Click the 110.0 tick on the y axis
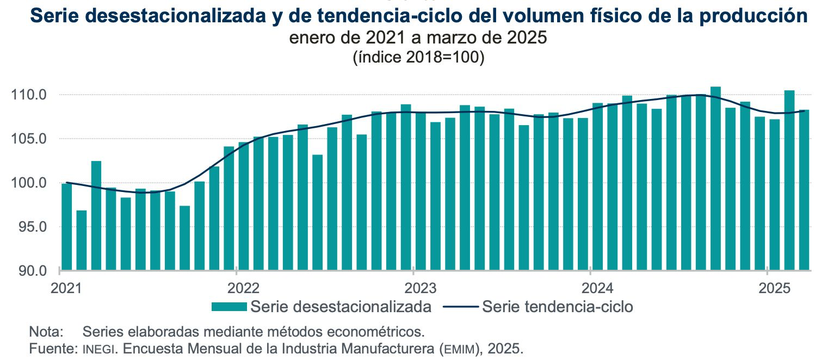34,95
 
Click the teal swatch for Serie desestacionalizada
230,307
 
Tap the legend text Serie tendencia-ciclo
557,307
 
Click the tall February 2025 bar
789,179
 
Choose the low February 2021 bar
82,240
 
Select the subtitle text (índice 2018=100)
418,57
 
